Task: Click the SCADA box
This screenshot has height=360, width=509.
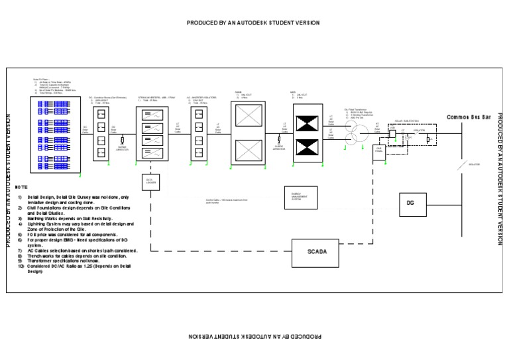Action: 317,253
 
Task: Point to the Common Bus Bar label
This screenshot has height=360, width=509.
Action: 469,117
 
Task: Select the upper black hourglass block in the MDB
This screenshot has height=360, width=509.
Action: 306,123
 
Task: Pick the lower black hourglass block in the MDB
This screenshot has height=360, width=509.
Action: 306,149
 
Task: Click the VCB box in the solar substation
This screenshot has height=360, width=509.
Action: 392,133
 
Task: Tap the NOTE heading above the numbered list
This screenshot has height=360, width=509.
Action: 22,188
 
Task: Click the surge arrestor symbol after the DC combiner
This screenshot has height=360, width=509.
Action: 123,141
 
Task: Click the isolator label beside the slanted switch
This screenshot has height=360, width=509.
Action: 474,164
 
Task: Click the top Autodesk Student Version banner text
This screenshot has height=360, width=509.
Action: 253,23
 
